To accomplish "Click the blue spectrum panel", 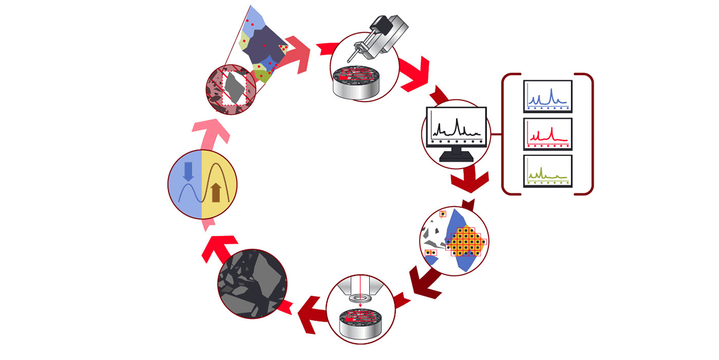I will [x=548, y=96].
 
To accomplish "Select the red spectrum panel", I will [x=548, y=133].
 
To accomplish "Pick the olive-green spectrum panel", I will [x=548, y=171].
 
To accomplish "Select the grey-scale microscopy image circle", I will [x=252, y=282].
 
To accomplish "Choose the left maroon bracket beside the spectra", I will [x=506, y=134].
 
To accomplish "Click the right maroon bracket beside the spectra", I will [x=588, y=134].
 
